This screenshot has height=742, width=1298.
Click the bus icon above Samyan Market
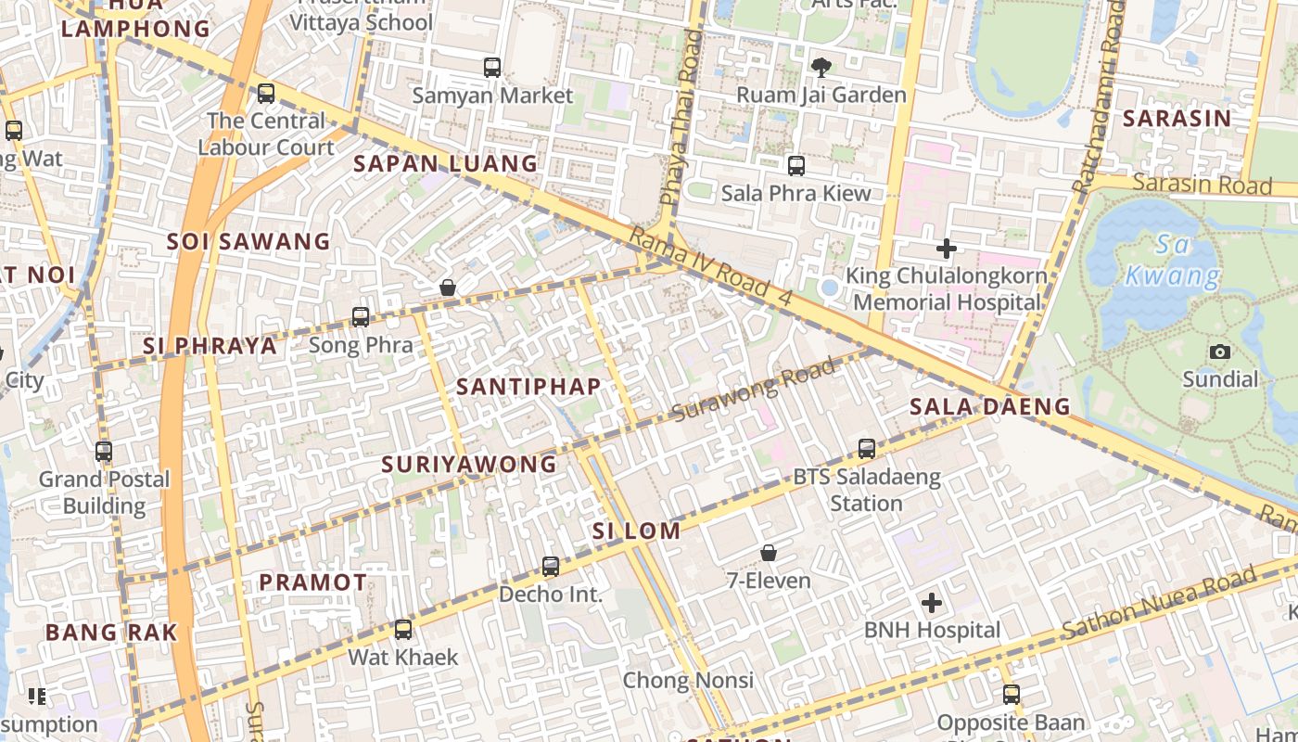pos(492,68)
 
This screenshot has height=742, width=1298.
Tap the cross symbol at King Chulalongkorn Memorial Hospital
pos(946,249)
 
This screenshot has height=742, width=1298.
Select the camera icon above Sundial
pos(1220,352)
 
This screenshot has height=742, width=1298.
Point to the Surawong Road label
pos(753,390)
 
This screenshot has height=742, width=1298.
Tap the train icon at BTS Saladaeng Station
pos(867,449)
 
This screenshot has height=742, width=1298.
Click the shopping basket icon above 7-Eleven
pos(769,554)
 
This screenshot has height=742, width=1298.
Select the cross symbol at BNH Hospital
pos(932,604)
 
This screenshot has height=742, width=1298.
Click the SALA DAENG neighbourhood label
pos(989,406)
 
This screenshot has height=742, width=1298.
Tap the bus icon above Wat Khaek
pos(403,630)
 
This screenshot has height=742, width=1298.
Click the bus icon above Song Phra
pos(361,317)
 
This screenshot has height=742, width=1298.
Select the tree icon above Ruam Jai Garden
pos(821,66)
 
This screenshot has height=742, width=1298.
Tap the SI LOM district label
pos(636,531)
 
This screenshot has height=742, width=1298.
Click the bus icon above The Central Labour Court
pos(266,93)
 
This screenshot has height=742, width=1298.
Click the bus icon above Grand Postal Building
pos(104,452)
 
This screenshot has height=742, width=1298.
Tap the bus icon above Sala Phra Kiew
pos(796,166)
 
